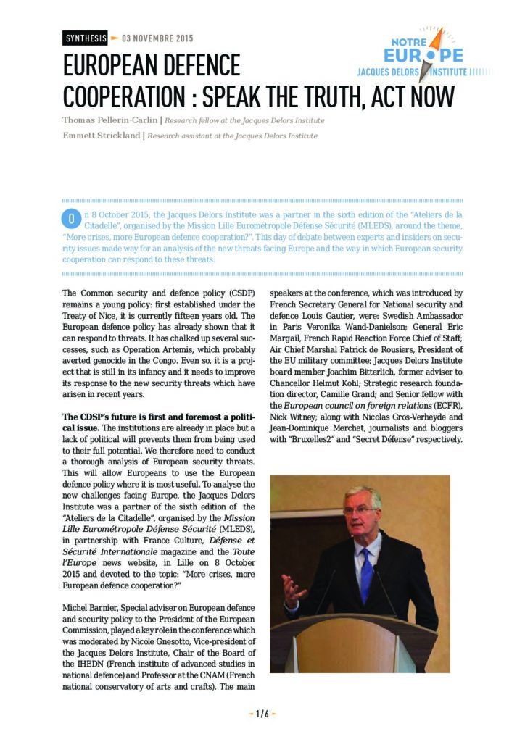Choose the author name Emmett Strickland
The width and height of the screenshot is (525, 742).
102,135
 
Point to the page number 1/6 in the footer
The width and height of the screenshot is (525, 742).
262,714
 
